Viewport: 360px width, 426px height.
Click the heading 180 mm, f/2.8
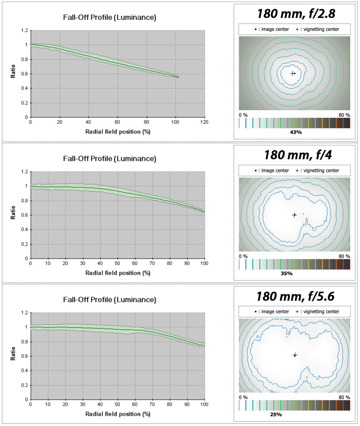[x=296, y=14]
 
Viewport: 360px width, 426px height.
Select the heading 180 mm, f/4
[x=298, y=155]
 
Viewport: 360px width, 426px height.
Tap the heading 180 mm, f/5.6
[x=295, y=297]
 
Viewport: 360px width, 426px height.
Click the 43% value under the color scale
[x=296, y=132]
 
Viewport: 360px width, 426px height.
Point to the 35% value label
[x=287, y=273]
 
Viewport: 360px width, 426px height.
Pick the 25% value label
[x=276, y=414]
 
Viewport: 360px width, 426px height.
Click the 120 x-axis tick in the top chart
[x=204, y=122]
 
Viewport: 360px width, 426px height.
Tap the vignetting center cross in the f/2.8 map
[x=292, y=73]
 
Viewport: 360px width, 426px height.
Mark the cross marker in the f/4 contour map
[x=294, y=215]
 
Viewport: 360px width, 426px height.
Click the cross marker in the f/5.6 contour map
[x=295, y=355]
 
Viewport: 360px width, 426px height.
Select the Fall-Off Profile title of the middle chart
[x=109, y=159]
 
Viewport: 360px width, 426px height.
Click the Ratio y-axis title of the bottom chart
[x=13, y=354]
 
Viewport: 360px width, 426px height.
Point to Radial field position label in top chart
[x=118, y=132]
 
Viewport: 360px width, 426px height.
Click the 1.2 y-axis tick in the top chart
[x=24, y=30]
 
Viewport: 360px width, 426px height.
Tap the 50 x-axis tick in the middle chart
[x=117, y=263]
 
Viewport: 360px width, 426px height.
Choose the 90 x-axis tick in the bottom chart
[x=187, y=404]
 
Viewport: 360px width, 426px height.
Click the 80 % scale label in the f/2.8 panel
[x=344, y=115]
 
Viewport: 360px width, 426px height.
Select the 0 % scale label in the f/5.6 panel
[x=243, y=397]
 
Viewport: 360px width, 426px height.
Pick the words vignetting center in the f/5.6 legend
[x=321, y=312]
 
